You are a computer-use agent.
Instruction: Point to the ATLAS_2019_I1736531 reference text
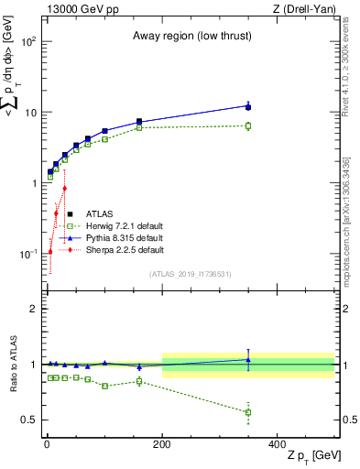click(190, 273)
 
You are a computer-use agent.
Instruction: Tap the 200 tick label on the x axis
click(162, 443)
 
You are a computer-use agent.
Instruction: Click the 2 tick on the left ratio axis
click(34, 309)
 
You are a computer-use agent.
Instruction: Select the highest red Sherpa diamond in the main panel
click(64, 189)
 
